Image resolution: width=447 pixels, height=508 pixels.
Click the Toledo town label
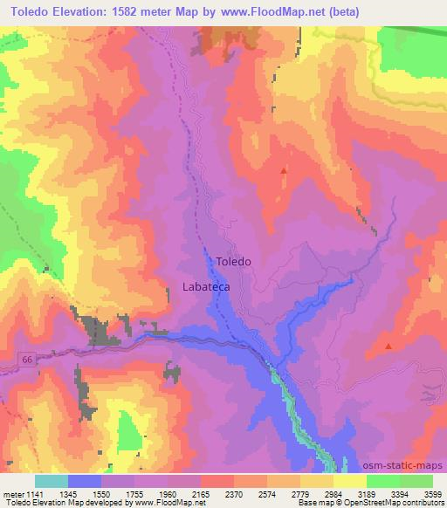click(x=233, y=262)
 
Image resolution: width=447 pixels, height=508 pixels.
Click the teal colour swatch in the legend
click(x=52, y=481)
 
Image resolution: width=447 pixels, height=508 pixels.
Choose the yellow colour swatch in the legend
click(x=348, y=481)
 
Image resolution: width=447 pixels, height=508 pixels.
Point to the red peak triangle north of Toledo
click(x=283, y=170)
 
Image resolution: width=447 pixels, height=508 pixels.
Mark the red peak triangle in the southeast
click(x=388, y=347)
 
